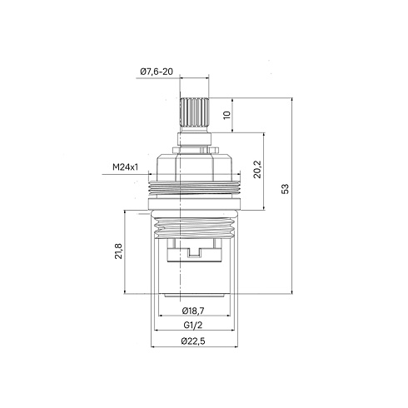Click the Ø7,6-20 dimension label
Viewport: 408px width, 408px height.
[157, 72]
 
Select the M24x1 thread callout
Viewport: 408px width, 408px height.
[125, 167]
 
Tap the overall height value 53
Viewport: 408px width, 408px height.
[285, 189]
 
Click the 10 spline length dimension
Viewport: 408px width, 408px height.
[227, 115]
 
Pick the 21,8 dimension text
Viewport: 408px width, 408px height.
[118, 251]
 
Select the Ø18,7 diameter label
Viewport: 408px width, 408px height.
[193, 311]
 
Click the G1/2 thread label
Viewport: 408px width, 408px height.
[193, 325]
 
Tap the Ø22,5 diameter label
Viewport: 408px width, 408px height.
[193, 341]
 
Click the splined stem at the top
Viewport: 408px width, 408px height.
[194, 112]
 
